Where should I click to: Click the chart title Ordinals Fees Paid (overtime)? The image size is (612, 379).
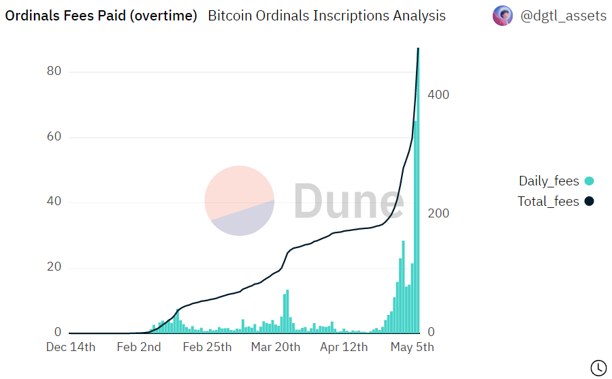pos(101,16)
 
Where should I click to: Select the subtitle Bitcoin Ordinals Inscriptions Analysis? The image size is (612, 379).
pos(327,16)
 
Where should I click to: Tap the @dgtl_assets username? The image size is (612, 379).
pos(564,16)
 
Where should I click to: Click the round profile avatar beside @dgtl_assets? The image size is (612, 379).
pos(502,16)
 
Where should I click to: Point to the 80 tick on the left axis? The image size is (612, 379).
pos(54,71)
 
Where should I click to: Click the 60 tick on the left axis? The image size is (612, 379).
pos(54,136)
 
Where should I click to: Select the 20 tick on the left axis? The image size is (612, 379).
pos(54,267)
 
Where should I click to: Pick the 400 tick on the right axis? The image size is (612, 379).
pos(438,95)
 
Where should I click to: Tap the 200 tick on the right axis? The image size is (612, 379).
pos(438,213)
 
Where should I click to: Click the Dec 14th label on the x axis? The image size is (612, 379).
pos(71,347)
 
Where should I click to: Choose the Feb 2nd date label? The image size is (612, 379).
pos(139,347)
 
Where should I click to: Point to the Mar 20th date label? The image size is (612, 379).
pos(276,347)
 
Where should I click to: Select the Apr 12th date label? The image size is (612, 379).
pos(344,347)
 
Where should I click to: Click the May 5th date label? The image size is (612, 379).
pos(412,347)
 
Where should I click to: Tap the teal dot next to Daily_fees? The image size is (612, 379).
pos(589,181)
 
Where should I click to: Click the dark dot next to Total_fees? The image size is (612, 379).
pos(589,201)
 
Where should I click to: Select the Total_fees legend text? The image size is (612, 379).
pos(548,202)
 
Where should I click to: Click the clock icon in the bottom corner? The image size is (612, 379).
pos(599,367)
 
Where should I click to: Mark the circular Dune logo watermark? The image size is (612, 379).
pos(239,200)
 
